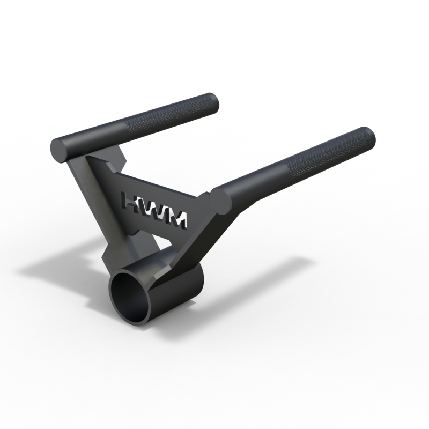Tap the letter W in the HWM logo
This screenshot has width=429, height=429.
tap(156, 209)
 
